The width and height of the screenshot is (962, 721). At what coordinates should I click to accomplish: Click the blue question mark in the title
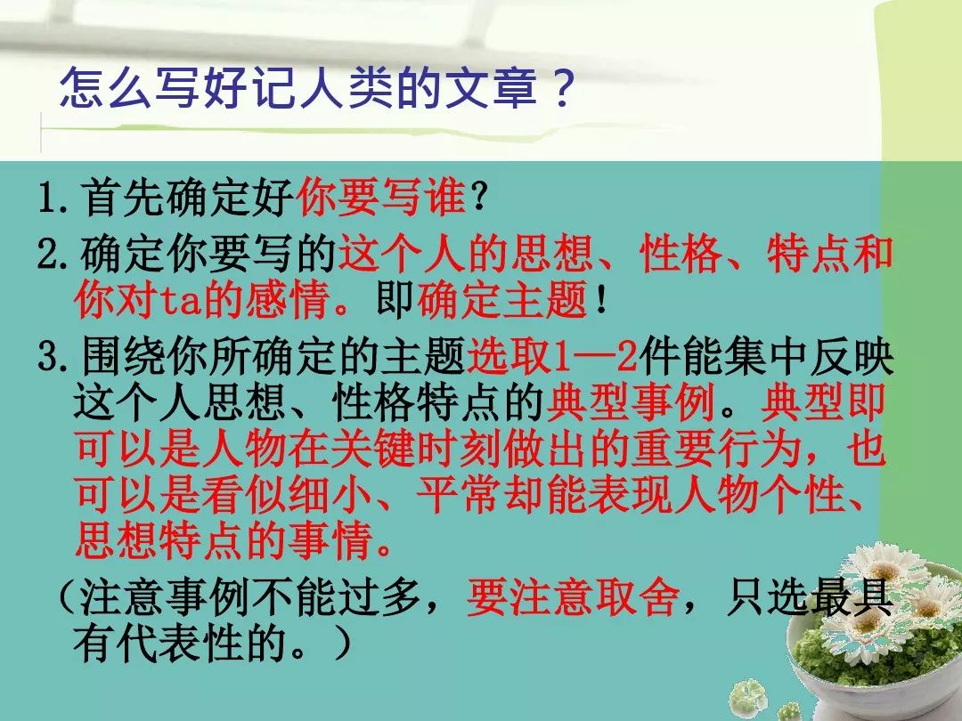562,87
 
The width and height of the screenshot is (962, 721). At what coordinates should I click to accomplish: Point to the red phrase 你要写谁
381,197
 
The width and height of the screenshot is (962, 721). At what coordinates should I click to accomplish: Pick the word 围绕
122,357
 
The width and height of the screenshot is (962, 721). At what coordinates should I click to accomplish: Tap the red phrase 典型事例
631,403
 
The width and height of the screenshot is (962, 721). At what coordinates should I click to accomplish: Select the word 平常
458,496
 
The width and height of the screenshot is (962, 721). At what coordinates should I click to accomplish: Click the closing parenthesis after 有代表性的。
343,643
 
